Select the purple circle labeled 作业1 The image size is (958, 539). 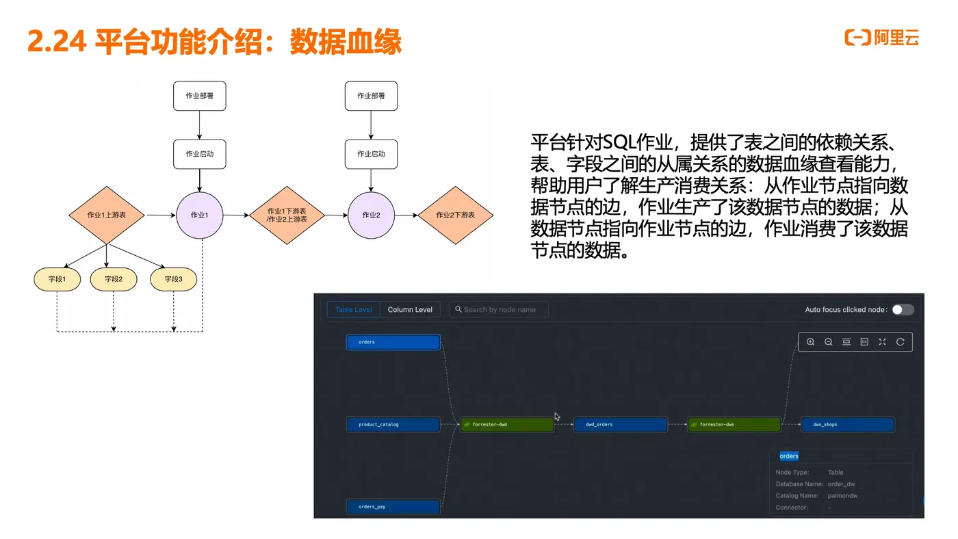[200, 215]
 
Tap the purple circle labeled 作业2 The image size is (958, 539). [371, 215]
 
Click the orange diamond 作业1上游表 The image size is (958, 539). [106, 215]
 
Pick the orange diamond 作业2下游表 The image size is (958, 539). [455, 215]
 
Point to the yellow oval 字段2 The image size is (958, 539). [114, 279]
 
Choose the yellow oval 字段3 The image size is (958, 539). [173, 279]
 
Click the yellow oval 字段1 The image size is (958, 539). [57, 279]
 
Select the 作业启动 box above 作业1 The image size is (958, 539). [199, 154]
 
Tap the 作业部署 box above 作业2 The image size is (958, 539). [371, 96]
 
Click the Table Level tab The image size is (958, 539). [353, 309]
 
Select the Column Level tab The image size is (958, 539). [410, 309]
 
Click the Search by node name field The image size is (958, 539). [500, 309]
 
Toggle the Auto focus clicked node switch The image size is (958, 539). [902, 309]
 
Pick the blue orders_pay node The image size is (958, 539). [393, 507]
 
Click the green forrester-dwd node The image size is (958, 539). [507, 425]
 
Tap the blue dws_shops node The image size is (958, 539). [848, 425]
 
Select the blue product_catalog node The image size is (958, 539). [393, 425]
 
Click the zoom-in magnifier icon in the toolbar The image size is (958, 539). [810, 342]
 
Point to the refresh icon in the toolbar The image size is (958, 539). [900, 342]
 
